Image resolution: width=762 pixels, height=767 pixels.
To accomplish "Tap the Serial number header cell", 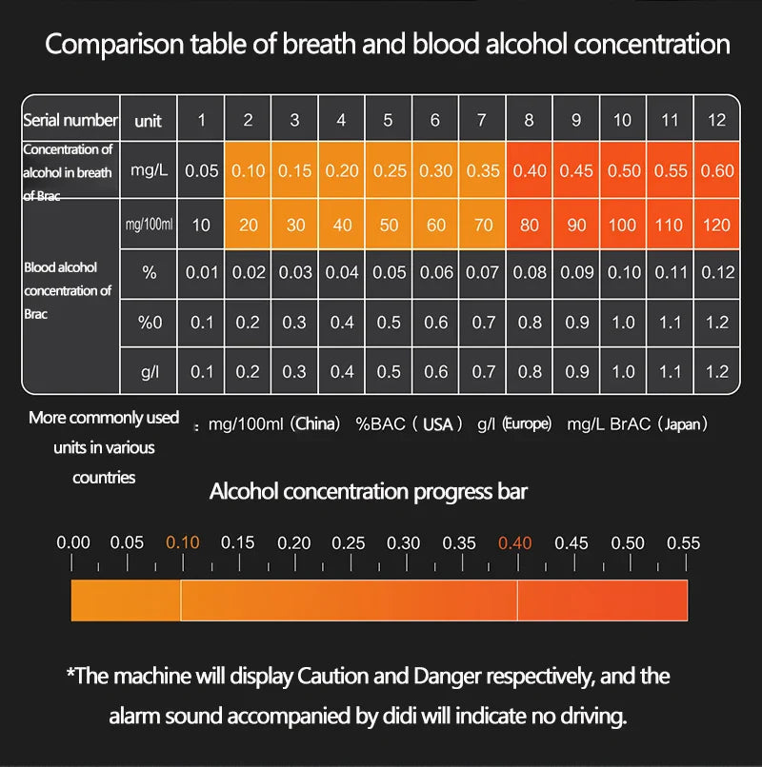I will [70, 120].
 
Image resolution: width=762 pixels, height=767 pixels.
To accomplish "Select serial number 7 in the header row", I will [482, 120].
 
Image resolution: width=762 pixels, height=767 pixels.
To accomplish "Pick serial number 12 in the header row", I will [716, 120].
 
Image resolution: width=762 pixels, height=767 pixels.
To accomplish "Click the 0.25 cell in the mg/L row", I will [388, 171].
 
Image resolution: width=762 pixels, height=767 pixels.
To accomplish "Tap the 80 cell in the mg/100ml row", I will [530, 226].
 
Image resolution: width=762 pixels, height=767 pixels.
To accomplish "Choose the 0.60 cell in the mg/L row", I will [716, 171].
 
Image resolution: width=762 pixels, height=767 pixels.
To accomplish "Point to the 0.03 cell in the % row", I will [294, 272].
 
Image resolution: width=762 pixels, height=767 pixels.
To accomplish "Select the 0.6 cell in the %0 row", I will [435, 323].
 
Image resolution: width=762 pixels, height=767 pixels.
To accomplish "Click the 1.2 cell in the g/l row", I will [716, 372].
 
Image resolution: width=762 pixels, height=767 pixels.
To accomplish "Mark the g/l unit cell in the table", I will [150, 372].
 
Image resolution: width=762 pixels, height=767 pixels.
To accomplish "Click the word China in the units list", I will [317, 424].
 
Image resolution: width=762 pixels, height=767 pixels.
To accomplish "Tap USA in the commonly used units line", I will [437, 424].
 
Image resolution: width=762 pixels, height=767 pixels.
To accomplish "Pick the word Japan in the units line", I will [681, 424].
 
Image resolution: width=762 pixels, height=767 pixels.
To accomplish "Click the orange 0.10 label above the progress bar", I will [183, 543].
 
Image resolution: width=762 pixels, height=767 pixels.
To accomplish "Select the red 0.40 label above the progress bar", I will [514, 543].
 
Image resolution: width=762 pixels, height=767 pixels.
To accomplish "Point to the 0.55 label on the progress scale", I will [683, 543].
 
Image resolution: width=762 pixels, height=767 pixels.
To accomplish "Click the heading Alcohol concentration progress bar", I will [368, 492].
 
